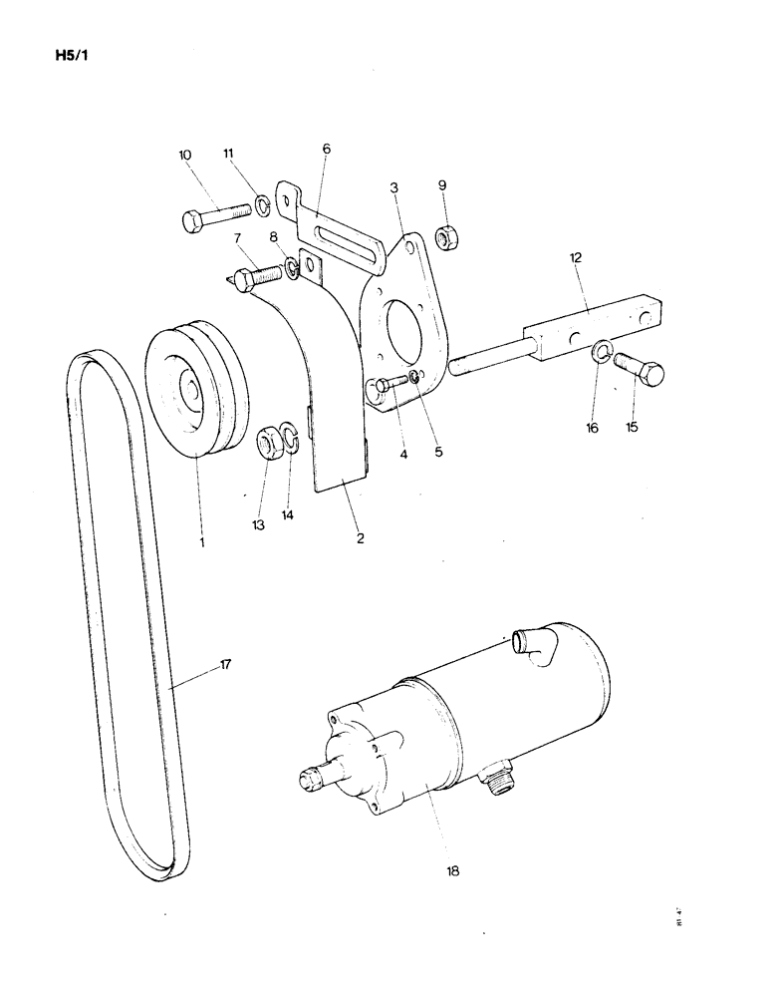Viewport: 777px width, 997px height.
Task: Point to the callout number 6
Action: click(326, 149)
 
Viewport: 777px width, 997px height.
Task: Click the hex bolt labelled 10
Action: click(214, 217)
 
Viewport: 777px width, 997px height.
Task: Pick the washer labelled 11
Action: click(262, 206)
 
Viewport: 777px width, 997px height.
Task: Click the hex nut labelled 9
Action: click(445, 239)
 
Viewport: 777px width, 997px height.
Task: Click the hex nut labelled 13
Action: click(267, 441)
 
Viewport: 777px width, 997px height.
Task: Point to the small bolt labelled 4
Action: click(391, 383)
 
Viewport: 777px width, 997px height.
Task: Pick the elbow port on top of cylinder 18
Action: click(529, 644)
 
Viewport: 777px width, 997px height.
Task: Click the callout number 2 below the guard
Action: click(360, 538)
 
